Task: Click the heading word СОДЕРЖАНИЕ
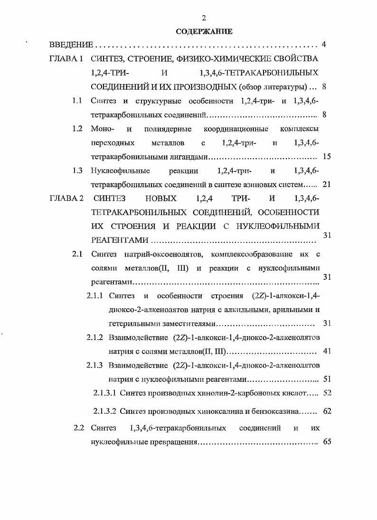click(x=204, y=32)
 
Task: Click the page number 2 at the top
click(x=204, y=18)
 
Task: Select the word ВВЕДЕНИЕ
click(x=71, y=46)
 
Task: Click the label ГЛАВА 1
click(x=66, y=59)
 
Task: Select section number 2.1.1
click(x=95, y=296)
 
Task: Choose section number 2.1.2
click(x=95, y=338)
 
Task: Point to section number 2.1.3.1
click(x=104, y=393)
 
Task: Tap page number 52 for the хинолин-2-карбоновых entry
click(x=327, y=393)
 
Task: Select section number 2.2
click(x=79, y=428)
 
